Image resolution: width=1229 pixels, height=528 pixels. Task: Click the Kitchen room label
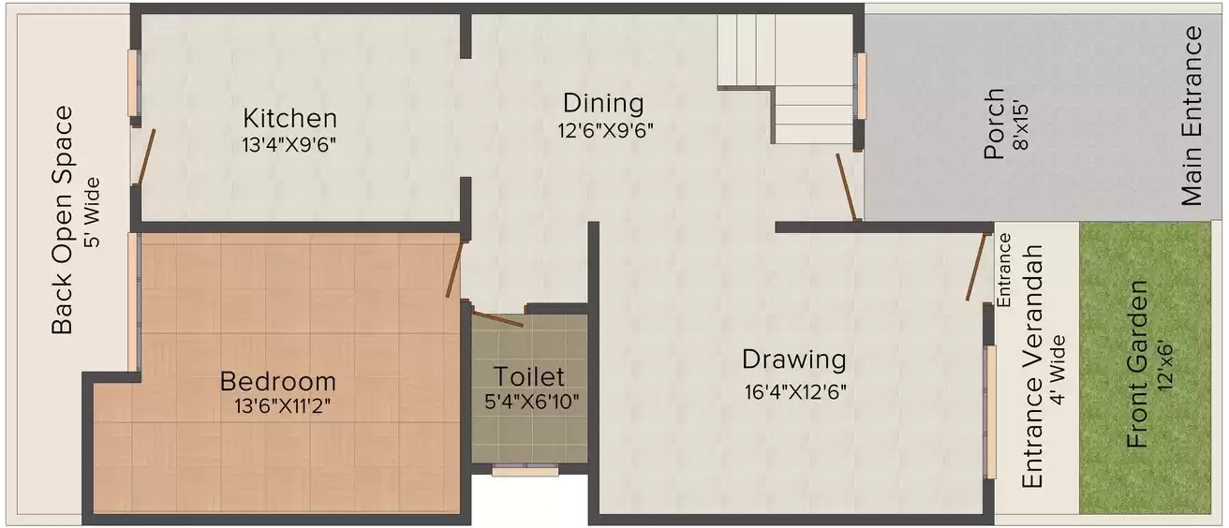(x=289, y=119)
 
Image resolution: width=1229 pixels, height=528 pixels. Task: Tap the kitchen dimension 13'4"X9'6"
(x=289, y=144)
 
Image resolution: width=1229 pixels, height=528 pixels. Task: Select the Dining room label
(x=602, y=103)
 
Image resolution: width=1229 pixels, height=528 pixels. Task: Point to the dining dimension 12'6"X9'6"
(x=602, y=129)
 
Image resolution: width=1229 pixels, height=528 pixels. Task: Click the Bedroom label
(x=277, y=381)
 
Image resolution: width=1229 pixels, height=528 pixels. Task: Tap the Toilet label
(x=529, y=376)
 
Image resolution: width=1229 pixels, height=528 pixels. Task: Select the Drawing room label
(x=793, y=359)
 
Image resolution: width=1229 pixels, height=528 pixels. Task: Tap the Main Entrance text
(x=1192, y=116)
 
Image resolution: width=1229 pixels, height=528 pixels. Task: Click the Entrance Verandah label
(x=1031, y=366)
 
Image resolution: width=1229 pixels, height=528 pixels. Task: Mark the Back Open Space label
(x=62, y=220)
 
